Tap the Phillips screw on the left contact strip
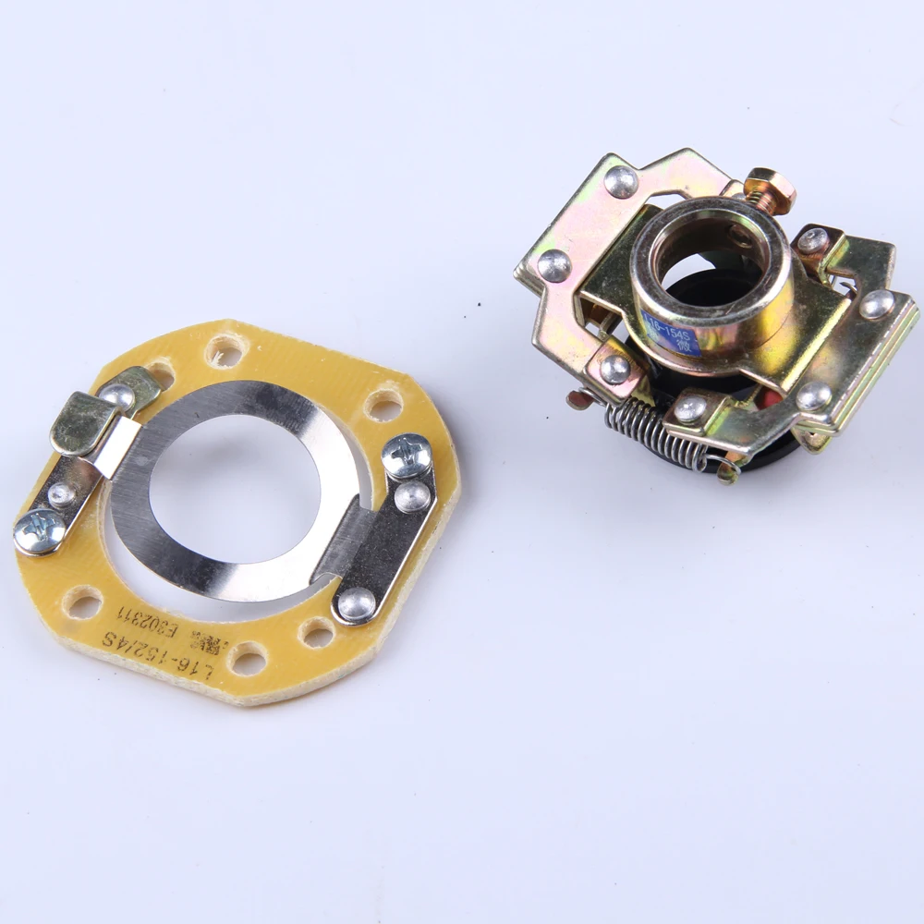[39, 531]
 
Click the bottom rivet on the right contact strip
[356, 604]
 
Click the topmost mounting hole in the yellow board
[225, 350]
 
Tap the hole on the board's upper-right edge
[383, 404]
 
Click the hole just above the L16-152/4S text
[248, 659]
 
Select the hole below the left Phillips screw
[83, 605]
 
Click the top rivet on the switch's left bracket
[621, 181]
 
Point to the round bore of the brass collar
[707, 254]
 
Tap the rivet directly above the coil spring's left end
[614, 369]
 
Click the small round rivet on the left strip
[61, 494]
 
